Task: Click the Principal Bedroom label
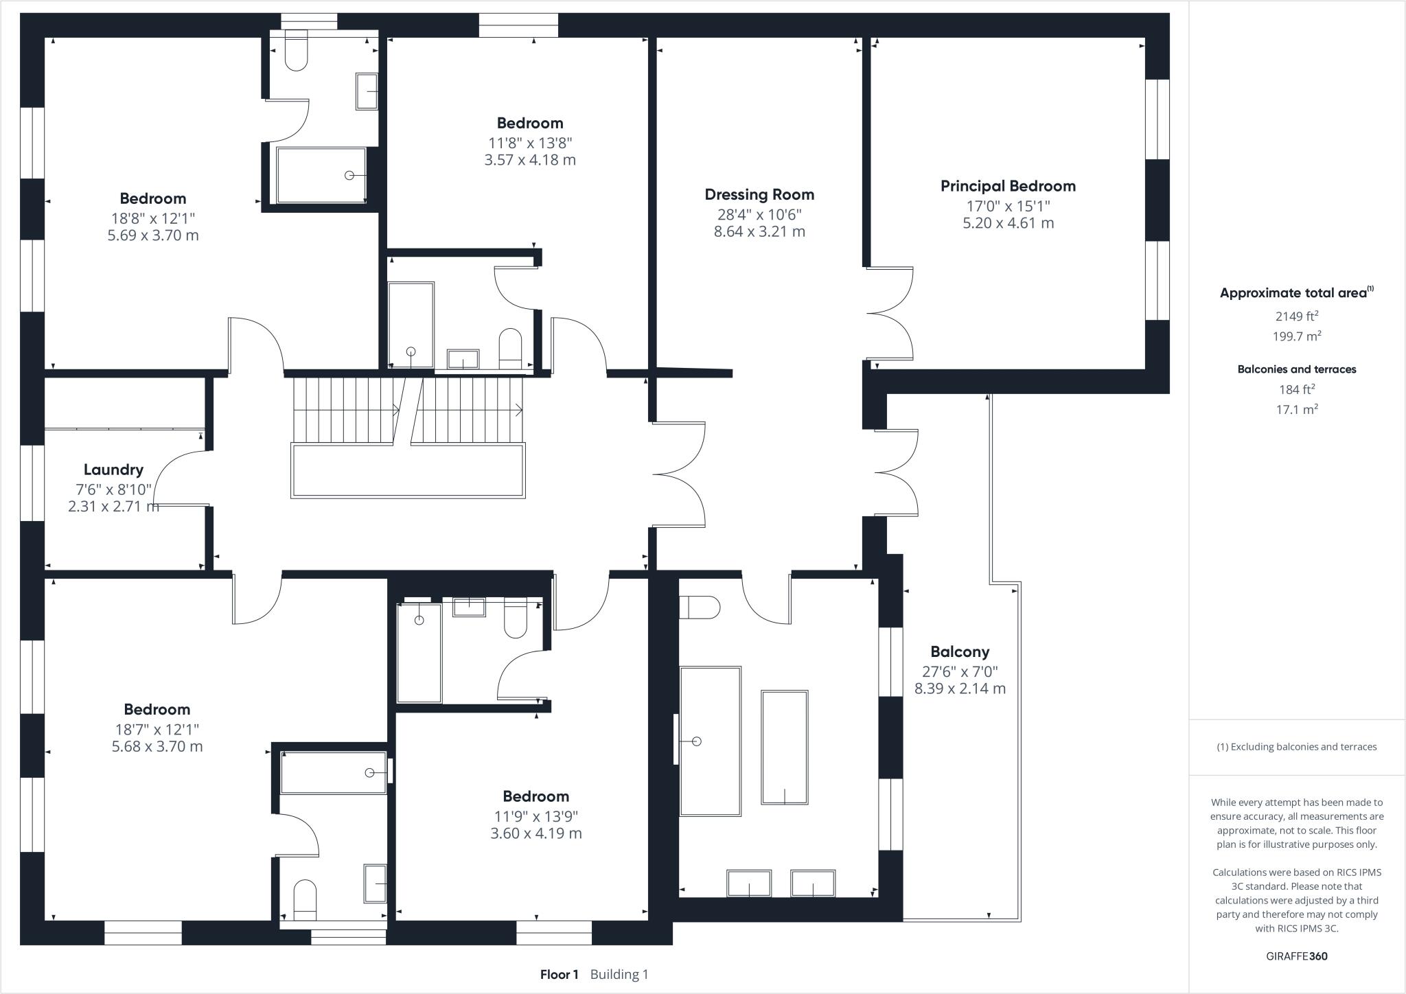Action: coord(1008,186)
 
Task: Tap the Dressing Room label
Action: coord(759,194)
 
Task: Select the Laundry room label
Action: coord(113,470)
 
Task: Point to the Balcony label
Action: coord(960,651)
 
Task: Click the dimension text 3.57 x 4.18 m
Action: coord(530,160)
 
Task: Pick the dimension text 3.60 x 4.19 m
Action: coord(535,833)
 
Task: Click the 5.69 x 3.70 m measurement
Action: coord(153,235)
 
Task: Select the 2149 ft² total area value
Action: coord(1296,316)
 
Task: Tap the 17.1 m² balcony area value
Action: coord(1296,409)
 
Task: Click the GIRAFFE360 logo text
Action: coord(1296,956)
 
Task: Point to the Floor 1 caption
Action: coord(559,974)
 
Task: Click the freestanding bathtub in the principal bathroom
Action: coord(784,747)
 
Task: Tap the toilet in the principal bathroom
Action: coord(699,608)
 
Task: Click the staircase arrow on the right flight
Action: coord(518,411)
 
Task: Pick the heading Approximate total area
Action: coord(1293,293)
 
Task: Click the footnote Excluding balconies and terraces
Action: coord(1296,747)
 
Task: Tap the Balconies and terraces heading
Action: coord(1296,369)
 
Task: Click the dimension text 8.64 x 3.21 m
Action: coord(759,231)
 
